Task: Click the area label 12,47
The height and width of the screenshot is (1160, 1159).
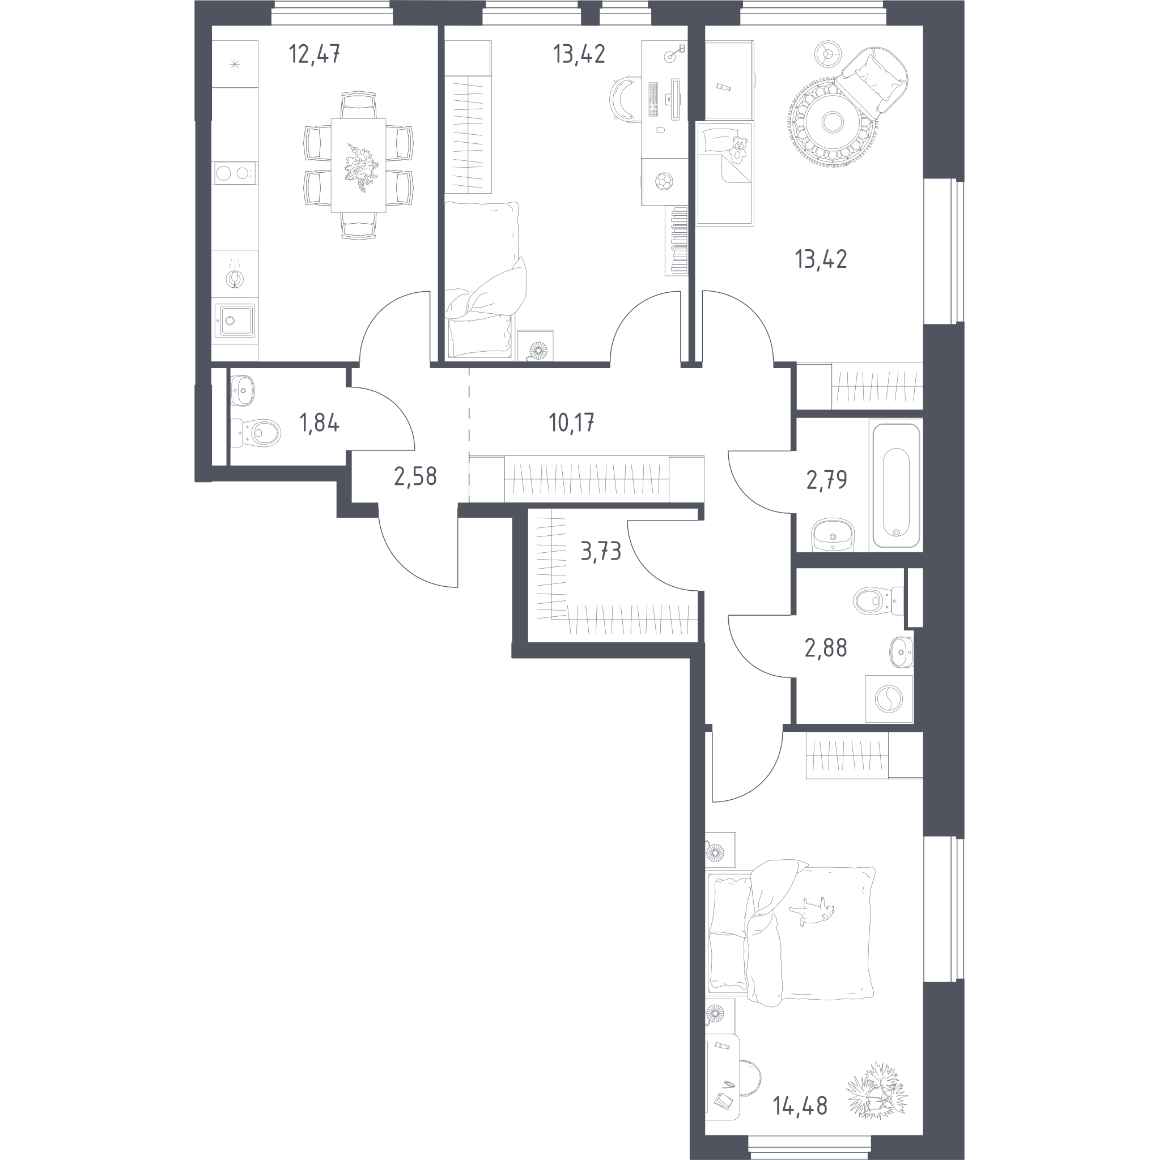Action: click(x=314, y=54)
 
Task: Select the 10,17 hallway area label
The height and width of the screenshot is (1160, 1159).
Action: click(x=571, y=423)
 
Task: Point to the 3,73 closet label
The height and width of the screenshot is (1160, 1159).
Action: click(x=601, y=551)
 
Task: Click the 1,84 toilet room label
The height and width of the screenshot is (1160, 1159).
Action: click(x=320, y=424)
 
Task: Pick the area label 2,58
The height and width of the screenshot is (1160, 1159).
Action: click(x=415, y=477)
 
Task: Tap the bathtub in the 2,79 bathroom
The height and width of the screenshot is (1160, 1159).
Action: click(x=896, y=486)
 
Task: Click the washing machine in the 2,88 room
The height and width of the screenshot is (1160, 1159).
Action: click(x=889, y=699)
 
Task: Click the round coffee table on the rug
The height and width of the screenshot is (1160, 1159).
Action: click(x=833, y=122)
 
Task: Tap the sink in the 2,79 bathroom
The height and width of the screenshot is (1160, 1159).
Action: click(x=833, y=535)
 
